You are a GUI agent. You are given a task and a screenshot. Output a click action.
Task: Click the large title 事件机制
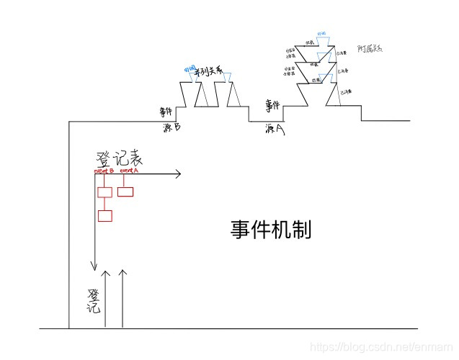point(271,230)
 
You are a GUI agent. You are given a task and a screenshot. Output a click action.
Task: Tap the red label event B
point(104,171)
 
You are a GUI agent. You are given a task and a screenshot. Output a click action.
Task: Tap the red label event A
point(129,171)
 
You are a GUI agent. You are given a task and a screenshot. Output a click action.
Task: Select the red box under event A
point(125,192)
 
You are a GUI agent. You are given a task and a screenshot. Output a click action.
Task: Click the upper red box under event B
point(104,192)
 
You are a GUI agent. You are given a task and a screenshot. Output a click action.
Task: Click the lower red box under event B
point(104,215)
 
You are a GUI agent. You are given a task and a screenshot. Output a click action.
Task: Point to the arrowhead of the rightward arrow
point(177,174)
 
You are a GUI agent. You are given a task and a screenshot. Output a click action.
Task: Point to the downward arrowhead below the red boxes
point(94,266)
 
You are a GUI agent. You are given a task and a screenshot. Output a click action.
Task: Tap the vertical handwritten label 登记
point(93,300)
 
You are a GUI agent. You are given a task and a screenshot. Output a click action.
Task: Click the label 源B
point(171,127)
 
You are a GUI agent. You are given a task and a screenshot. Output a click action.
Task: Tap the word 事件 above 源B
point(167,112)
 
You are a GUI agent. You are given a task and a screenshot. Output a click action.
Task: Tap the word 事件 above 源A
point(272,107)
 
